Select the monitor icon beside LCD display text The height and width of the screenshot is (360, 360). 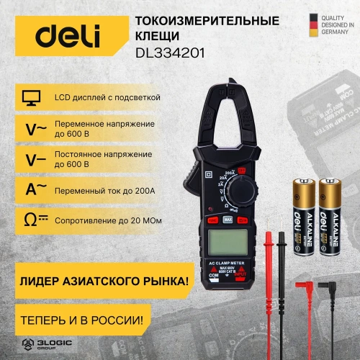click(x=29, y=97)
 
